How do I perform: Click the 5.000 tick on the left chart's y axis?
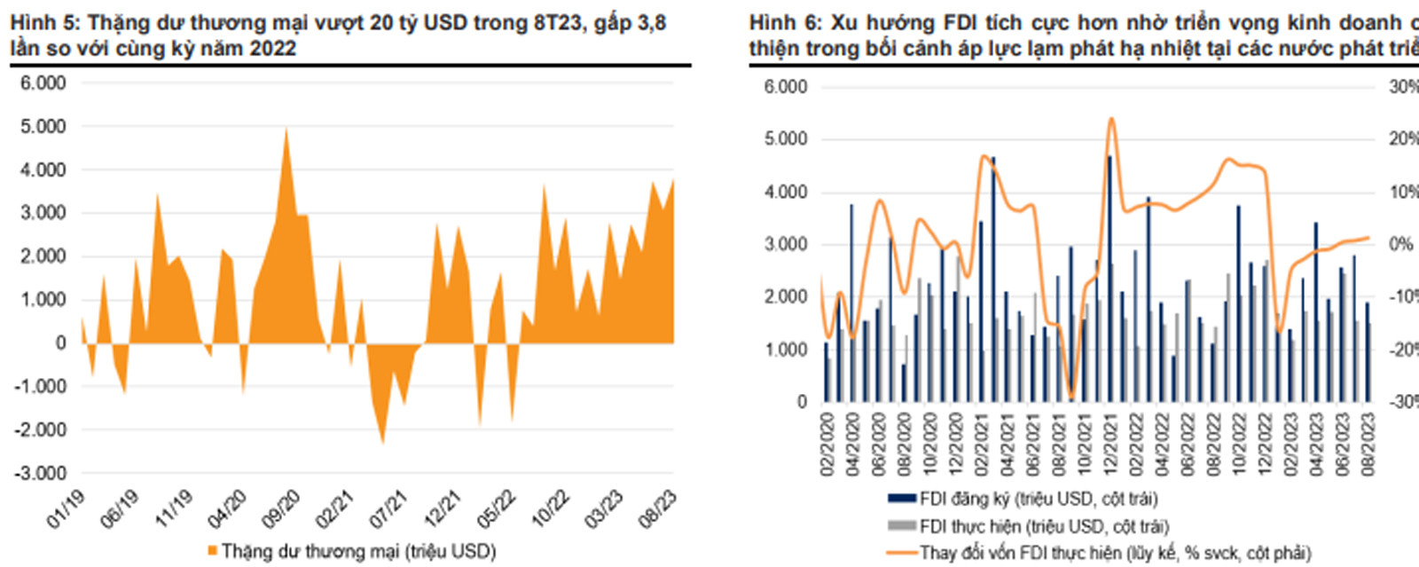tap(43, 127)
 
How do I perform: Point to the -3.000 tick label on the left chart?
tap(41, 474)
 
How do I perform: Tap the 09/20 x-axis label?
tap(281, 509)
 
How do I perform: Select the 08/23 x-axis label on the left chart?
tap(658, 509)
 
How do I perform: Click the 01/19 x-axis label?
tap(66, 509)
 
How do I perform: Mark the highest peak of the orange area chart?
tap(286, 130)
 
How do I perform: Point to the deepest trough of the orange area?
tap(383, 442)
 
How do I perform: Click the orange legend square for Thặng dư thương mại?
tap(212, 551)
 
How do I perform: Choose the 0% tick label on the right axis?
tap(1401, 244)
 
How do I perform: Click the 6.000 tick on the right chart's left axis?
tap(786, 87)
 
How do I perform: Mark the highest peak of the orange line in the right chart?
tap(1111, 118)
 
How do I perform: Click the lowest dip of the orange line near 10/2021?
tap(1071, 397)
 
